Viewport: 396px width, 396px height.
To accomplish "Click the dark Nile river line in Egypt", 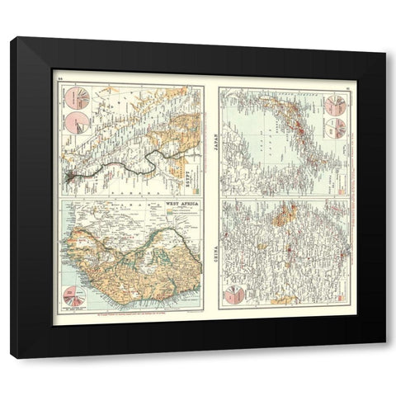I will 132,164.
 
